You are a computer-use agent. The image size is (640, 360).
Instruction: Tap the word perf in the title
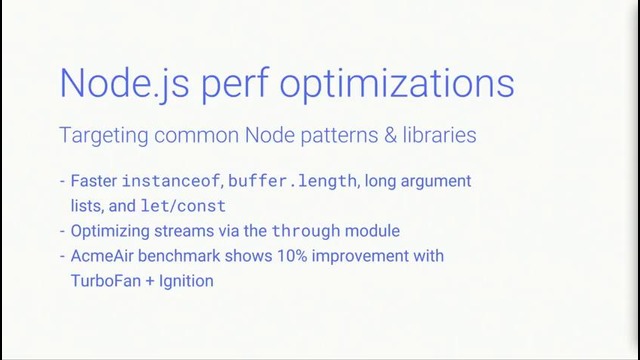(240, 83)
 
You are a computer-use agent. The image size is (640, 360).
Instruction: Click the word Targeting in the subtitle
(100, 134)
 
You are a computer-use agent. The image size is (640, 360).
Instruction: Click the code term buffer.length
(292, 182)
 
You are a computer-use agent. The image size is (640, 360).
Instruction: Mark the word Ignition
(187, 281)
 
